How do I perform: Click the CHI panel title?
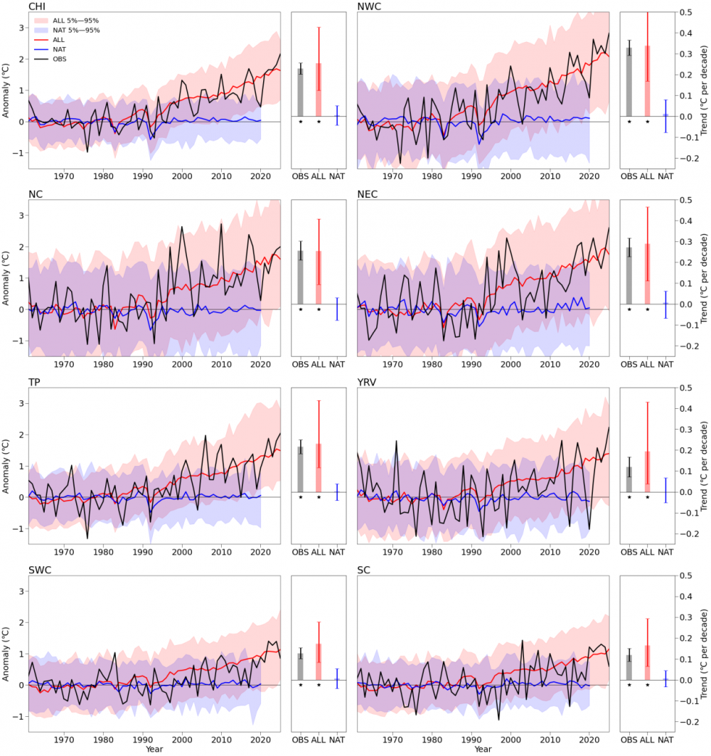click(x=36, y=6)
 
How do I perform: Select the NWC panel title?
click(x=369, y=6)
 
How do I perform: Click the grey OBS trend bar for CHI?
click(x=301, y=92)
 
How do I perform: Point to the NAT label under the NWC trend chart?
click(x=665, y=175)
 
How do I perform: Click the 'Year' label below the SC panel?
click(x=483, y=750)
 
